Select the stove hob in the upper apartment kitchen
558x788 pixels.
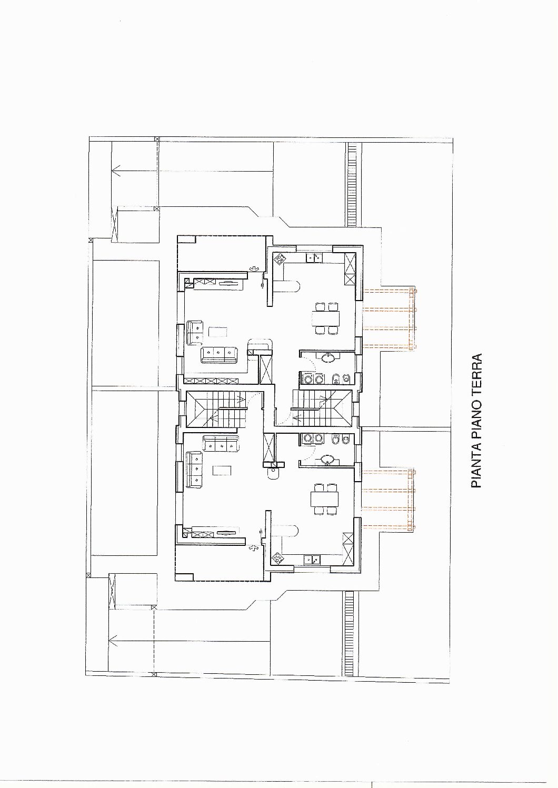coord(280,260)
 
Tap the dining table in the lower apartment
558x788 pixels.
coord(324,499)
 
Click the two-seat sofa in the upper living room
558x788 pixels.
coord(195,333)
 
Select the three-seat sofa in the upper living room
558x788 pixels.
coord(219,355)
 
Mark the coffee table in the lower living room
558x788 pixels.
coord(222,471)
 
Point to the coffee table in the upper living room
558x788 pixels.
coord(218,332)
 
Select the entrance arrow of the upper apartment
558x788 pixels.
coord(253,269)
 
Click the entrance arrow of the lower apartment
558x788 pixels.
coord(253,548)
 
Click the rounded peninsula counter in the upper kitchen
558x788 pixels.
coord(286,286)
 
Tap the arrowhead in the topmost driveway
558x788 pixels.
coord(116,171)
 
